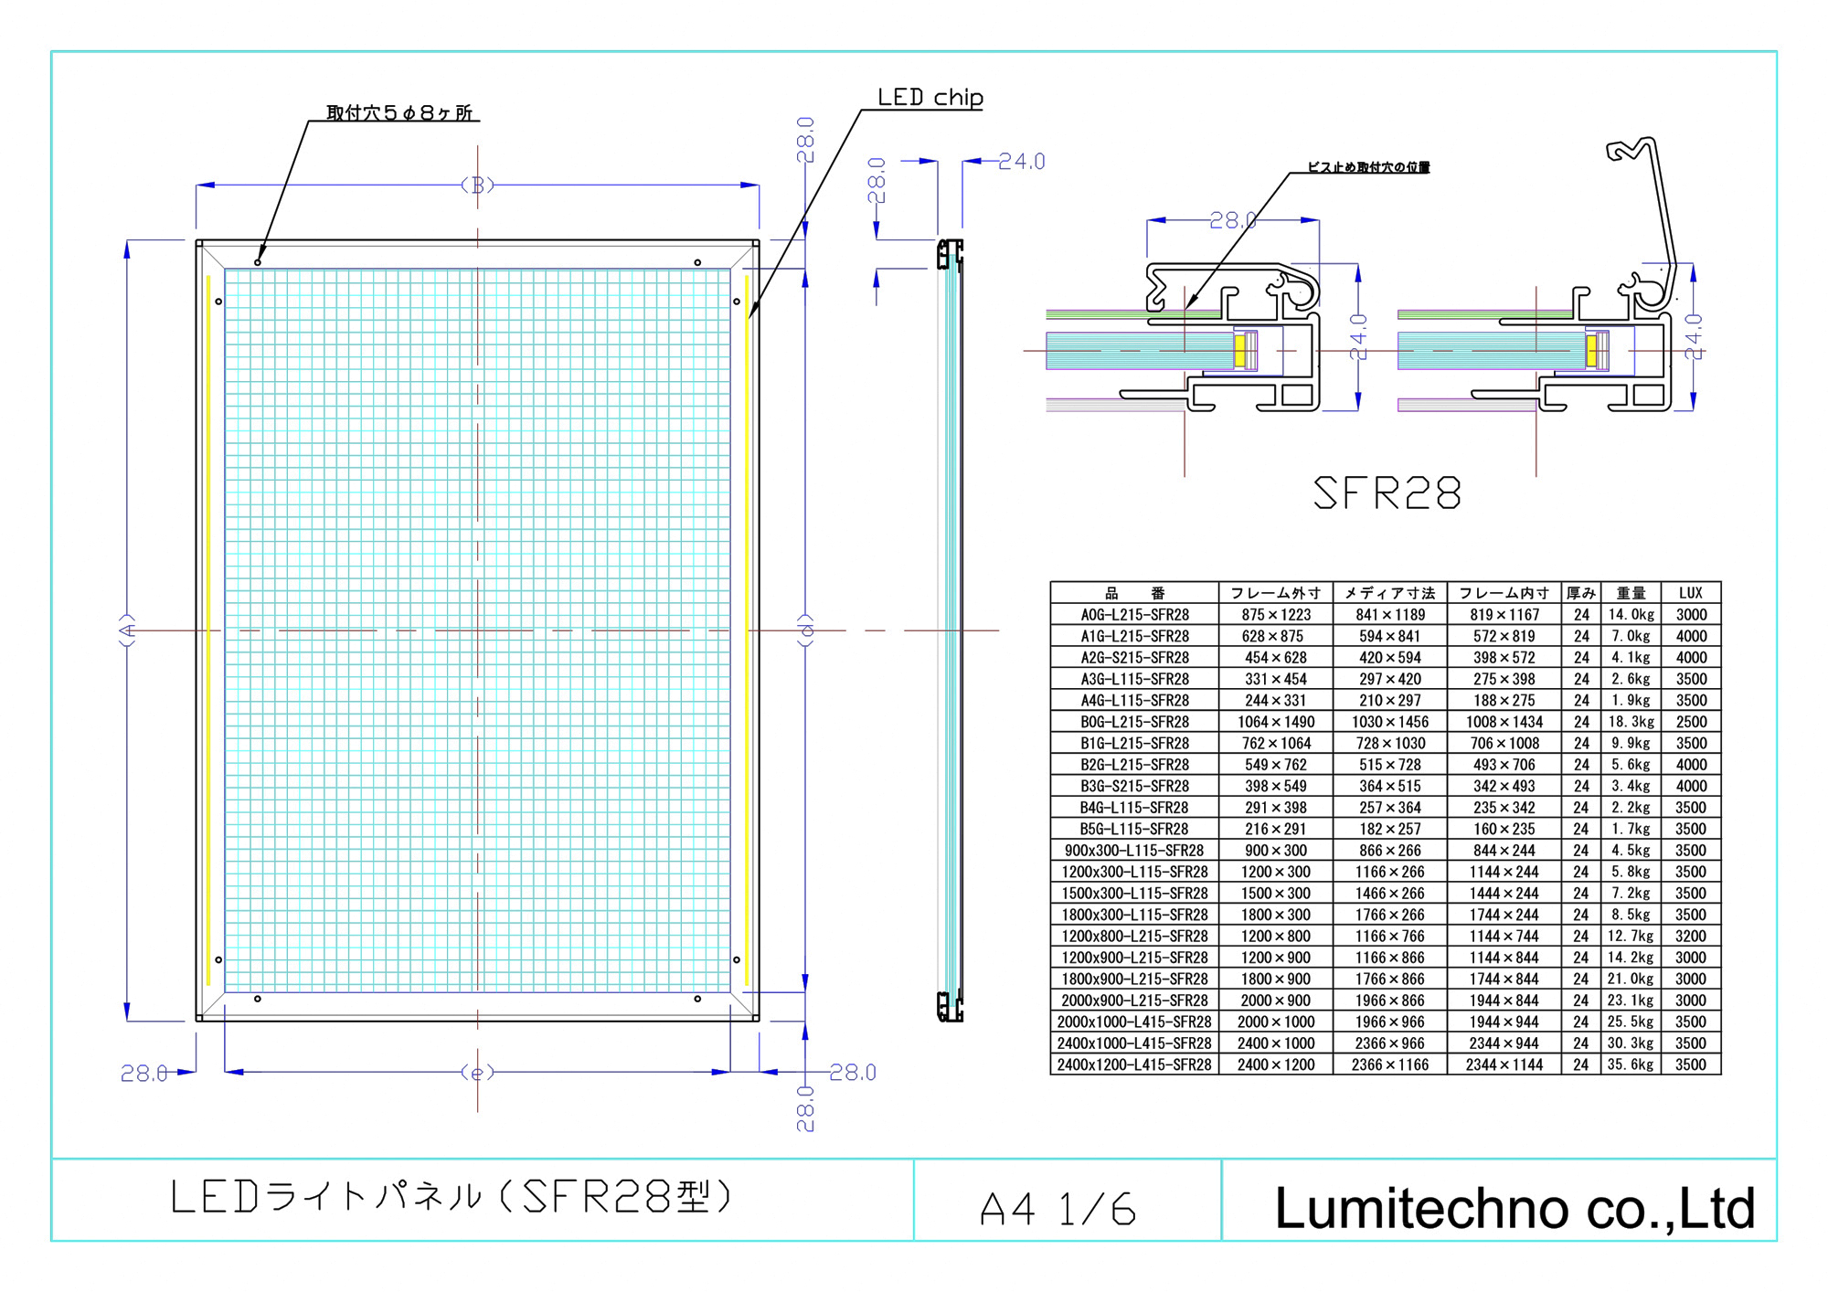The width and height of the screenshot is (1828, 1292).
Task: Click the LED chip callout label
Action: pyautogui.click(x=930, y=97)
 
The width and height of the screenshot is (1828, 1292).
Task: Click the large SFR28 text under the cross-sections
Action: pyautogui.click(x=1386, y=493)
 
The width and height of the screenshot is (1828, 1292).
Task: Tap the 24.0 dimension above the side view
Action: pyautogui.click(x=1021, y=162)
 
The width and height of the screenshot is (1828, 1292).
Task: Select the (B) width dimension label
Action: pyautogui.click(x=477, y=185)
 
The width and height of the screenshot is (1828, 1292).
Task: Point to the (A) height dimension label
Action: pyautogui.click(x=128, y=630)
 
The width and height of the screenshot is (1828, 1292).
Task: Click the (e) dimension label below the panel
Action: pyautogui.click(x=477, y=1072)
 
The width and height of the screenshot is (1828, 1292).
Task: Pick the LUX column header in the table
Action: pyautogui.click(x=1690, y=593)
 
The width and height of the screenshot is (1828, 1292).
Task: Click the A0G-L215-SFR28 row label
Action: pyautogui.click(x=1134, y=615)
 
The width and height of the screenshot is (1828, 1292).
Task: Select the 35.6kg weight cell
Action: pyautogui.click(x=1631, y=1064)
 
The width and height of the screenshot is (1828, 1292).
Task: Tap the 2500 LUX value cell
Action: pyautogui.click(x=1690, y=722)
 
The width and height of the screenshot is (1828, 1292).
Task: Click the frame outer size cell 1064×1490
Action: pyautogui.click(x=1275, y=722)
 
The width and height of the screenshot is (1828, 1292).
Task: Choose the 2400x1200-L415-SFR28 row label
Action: pyautogui.click(x=1134, y=1064)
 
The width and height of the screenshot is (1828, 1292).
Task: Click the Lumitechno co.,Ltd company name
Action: pyautogui.click(x=1514, y=1208)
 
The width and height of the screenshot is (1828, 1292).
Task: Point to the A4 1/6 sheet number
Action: pyautogui.click(x=1057, y=1210)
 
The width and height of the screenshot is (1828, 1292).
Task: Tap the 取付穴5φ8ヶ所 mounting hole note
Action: pyautogui.click(x=399, y=112)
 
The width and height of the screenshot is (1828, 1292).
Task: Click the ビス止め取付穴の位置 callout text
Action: pyautogui.click(x=1367, y=167)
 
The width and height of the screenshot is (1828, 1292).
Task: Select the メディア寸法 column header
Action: pyautogui.click(x=1389, y=593)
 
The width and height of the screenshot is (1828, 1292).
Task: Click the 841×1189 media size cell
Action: pyautogui.click(x=1389, y=615)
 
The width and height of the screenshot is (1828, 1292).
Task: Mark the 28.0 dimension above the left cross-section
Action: pyautogui.click(x=1232, y=220)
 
